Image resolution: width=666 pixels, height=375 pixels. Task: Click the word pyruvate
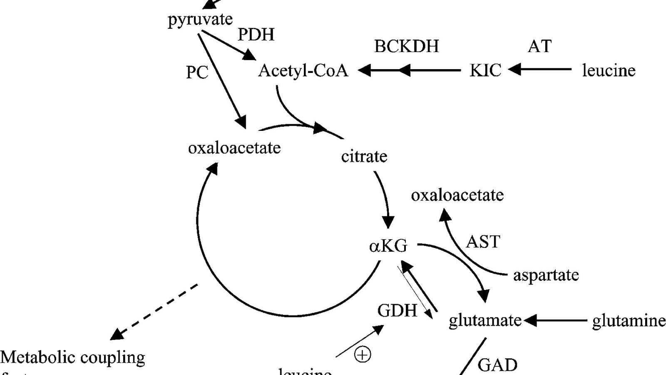click(200, 20)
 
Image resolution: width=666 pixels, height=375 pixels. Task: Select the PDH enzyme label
click(256, 35)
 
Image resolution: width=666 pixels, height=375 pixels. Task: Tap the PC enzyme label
click(197, 72)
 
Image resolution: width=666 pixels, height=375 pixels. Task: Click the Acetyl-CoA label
click(303, 70)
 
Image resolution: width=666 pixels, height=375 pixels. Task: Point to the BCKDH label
click(406, 46)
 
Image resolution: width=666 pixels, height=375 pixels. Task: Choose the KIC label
click(485, 70)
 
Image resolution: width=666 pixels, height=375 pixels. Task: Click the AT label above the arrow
click(539, 46)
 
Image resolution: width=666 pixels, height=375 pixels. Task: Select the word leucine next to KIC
click(608, 70)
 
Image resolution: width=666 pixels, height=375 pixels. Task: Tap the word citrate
click(364, 157)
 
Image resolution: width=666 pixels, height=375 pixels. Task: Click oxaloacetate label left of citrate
click(234, 148)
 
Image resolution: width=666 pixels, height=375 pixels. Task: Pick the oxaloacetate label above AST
click(457, 195)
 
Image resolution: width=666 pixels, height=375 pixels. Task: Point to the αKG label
click(388, 246)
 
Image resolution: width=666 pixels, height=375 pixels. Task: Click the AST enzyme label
click(483, 242)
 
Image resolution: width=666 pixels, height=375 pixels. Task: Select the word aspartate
click(546, 275)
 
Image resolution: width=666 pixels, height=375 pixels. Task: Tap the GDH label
click(397, 311)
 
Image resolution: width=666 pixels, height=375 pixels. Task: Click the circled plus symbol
click(363, 355)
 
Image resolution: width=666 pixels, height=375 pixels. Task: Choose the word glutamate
click(485, 320)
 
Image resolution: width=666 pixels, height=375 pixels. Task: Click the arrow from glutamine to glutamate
click(556, 321)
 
